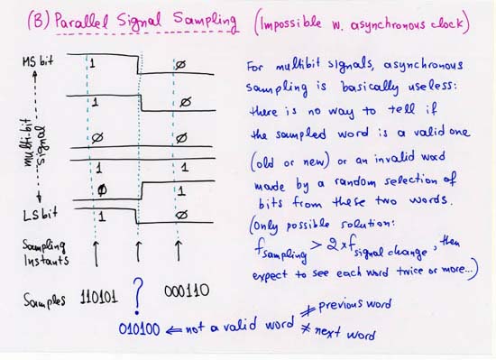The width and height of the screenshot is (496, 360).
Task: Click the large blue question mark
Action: (138, 294)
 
